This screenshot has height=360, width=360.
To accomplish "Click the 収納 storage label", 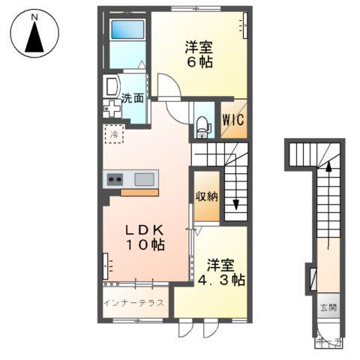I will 208,197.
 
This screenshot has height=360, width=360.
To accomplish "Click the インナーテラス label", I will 136,304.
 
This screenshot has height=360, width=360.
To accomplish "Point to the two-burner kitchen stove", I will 115,178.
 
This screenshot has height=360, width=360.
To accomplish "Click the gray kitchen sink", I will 145,178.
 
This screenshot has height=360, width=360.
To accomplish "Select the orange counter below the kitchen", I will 139,192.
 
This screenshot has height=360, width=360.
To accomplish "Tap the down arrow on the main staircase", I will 237,201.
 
